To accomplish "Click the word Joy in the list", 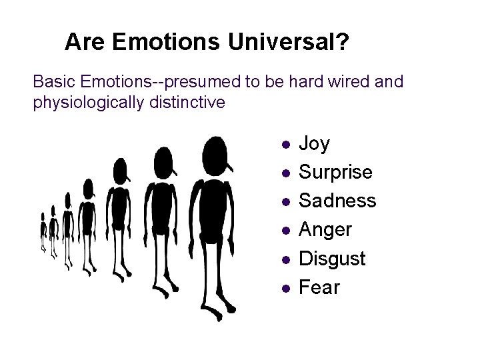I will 314,144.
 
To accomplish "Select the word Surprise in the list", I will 335,173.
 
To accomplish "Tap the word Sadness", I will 337,201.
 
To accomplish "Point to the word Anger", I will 325,230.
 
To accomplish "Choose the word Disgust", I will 332,258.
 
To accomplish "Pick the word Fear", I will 319,287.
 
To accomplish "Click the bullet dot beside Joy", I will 285,144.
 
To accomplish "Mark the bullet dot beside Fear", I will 285,288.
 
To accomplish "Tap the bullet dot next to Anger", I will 285,230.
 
